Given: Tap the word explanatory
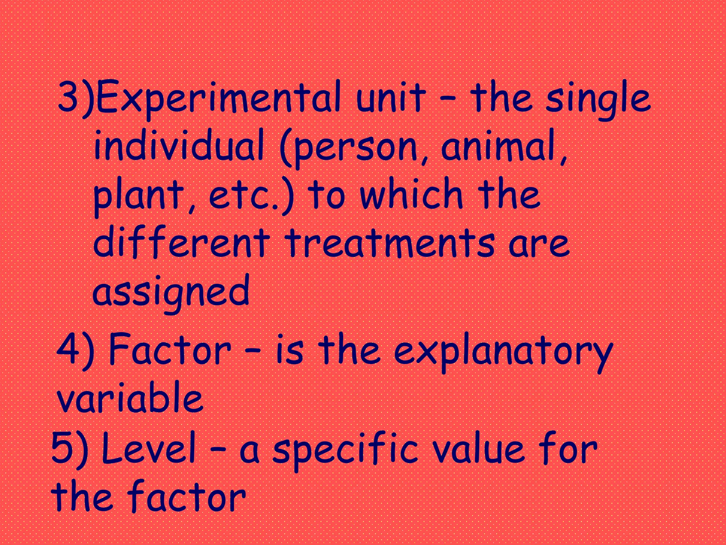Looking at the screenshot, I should coord(503,351).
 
